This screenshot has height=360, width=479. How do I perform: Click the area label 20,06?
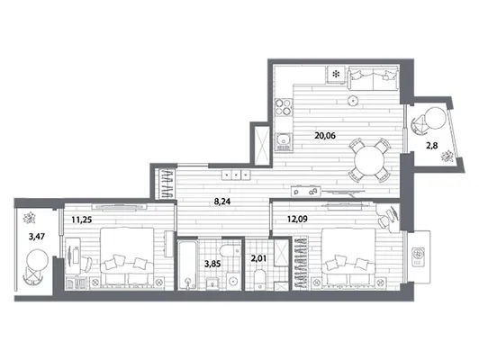click(x=325, y=135)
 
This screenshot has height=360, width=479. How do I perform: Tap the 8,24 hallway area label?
click(x=222, y=202)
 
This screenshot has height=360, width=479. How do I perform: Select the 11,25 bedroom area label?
click(x=82, y=220)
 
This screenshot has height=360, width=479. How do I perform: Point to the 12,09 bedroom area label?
click(x=297, y=219)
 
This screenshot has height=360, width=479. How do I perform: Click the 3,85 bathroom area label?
click(x=212, y=264)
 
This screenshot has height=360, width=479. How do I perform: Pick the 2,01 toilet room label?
click(x=258, y=258)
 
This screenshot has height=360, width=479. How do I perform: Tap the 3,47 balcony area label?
click(x=37, y=236)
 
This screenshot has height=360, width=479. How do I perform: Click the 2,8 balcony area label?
click(x=432, y=146)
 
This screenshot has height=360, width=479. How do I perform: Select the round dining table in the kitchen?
click(x=369, y=161)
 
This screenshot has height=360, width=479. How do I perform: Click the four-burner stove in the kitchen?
click(x=284, y=107)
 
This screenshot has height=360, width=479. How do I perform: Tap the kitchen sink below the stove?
click(x=284, y=142)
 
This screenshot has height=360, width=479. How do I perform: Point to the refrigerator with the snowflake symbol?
click(x=337, y=74)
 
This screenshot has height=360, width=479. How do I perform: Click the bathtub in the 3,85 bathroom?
click(x=187, y=265)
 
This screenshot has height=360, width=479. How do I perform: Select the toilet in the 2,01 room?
click(x=260, y=279)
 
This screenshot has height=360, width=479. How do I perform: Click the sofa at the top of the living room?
click(x=373, y=79)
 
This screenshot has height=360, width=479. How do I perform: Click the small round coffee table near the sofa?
click(x=353, y=100)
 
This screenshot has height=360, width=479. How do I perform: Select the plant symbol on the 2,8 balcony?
click(x=447, y=156)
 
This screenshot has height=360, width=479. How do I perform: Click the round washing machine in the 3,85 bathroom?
click(x=234, y=281)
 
